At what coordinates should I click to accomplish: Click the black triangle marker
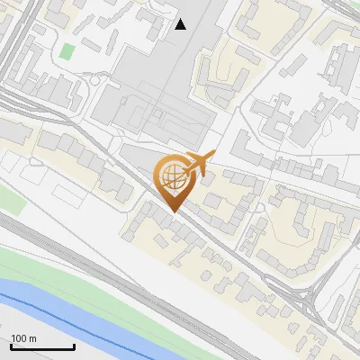[181, 24]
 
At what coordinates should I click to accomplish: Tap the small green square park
[67, 51]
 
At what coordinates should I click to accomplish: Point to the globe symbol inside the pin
[171, 176]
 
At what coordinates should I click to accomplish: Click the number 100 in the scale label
[19, 338]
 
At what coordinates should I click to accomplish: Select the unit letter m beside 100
[31, 338]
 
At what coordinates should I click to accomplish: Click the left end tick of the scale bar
[11, 346]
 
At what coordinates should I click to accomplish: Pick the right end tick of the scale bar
[74, 346]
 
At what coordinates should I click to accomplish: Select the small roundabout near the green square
[94, 80]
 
